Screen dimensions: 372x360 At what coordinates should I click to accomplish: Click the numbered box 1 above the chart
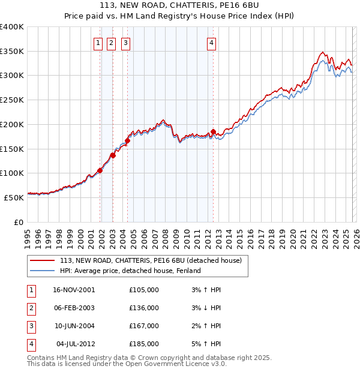97,43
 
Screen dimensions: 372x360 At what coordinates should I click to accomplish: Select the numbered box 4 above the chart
212,43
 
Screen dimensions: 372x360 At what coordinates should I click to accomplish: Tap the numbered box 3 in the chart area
125,43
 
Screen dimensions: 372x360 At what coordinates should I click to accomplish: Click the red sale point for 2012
213,131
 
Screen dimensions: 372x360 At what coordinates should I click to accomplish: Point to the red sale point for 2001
100,170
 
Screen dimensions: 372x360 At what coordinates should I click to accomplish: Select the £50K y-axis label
14,197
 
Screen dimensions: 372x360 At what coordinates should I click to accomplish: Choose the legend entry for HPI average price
130,271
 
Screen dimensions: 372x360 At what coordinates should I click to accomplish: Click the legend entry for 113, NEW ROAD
150,260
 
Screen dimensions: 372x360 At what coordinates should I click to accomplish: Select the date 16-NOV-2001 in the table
74,290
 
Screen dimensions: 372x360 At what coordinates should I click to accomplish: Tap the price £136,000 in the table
144,308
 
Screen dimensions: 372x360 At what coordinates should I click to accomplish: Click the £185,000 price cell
144,344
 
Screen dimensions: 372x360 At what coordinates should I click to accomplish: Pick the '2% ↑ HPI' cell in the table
205,326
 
